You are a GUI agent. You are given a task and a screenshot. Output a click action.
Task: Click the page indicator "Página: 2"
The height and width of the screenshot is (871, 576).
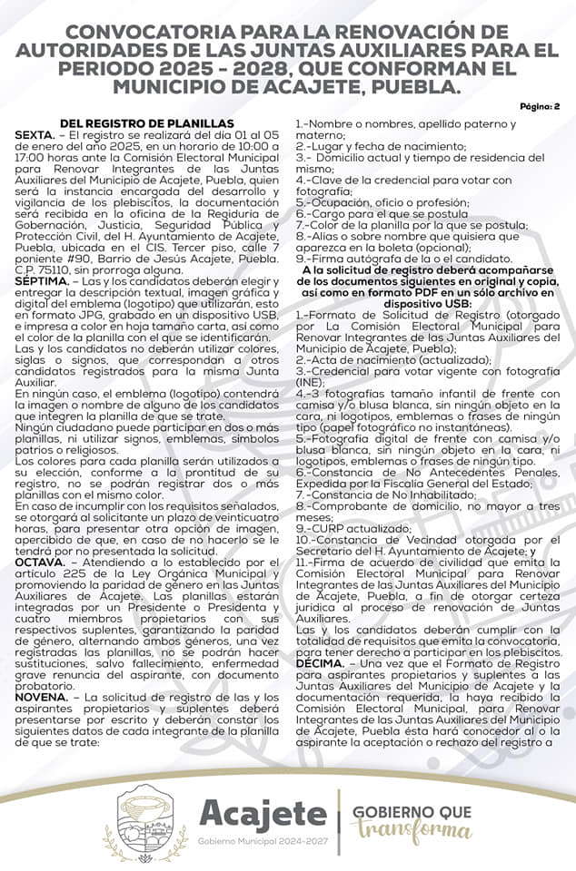coord(540,106)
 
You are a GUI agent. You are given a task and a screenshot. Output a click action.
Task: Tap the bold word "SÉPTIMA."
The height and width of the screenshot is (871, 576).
coord(43,281)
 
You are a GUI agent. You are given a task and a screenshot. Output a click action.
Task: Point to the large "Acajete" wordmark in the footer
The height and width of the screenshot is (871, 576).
coord(262,814)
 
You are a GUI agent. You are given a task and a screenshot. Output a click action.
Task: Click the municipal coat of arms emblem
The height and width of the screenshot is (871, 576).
coord(153,821)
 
